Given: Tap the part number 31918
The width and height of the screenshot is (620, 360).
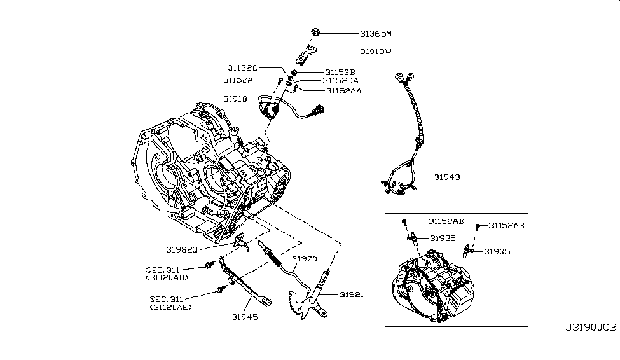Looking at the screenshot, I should click(235, 99).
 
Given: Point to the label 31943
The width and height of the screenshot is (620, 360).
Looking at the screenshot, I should click(447, 177).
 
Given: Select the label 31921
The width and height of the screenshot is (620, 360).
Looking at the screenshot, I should click(351, 294).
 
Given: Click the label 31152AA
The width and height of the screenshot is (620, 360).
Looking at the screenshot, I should click(343, 91).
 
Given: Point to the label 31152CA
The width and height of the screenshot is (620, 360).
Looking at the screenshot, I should click(340, 81).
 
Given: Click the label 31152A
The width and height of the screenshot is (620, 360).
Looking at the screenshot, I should click(238, 80).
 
